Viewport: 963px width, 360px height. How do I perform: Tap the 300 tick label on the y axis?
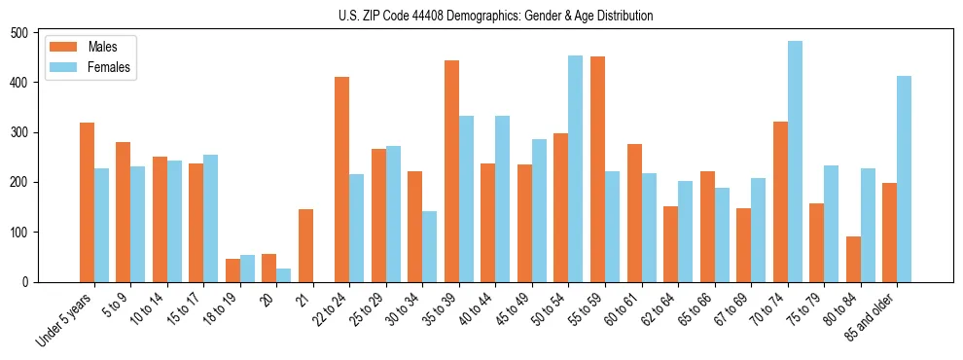[x=20, y=132]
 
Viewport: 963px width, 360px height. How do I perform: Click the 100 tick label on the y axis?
[x=20, y=233]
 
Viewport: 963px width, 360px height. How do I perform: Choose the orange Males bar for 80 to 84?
[x=853, y=259]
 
